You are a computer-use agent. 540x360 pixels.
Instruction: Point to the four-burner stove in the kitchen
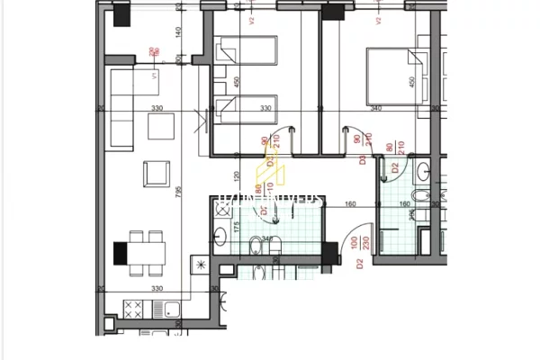coord(133,309)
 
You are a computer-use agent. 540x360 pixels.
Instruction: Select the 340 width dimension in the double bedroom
coord(375,108)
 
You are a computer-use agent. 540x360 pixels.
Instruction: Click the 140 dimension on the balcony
coord(179,32)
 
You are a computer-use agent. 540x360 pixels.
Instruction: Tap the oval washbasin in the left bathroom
coord(221,238)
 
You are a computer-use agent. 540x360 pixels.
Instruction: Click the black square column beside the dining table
coord(120,252)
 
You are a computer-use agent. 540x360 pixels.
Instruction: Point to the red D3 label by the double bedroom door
coord(362,160)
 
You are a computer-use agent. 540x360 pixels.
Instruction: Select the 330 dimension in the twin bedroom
coord(265,108)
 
